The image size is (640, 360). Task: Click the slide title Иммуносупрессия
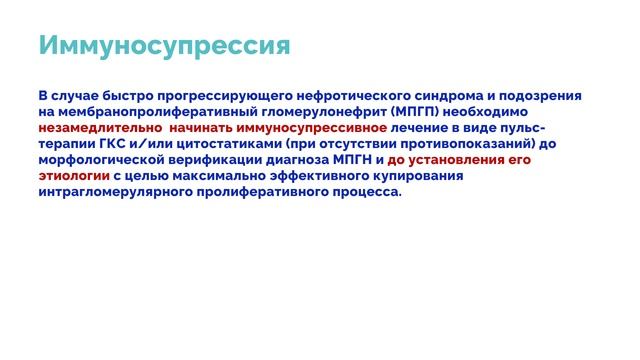coord(164,46)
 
